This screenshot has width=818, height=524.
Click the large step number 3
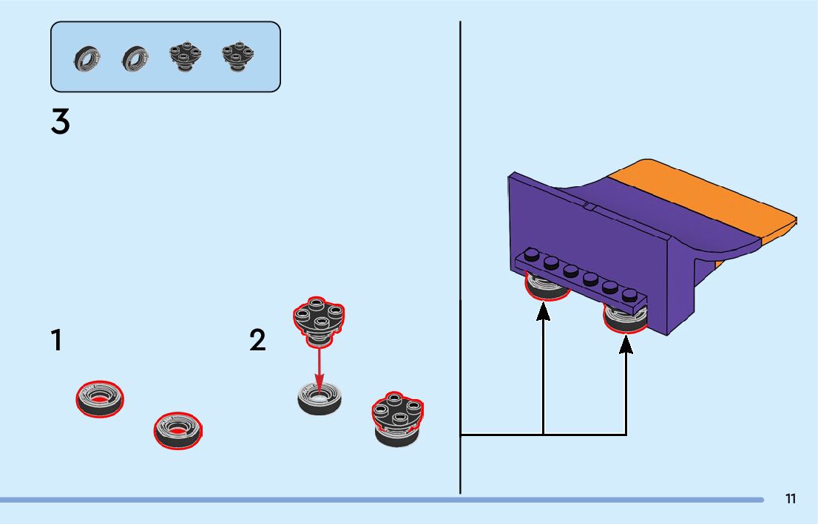pyautogui.click(x=61, y=122)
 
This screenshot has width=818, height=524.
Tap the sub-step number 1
pyautogui.click(x=56, y=341)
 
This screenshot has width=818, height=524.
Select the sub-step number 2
pyautogui.click(x=257, y=341)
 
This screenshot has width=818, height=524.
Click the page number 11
pyautogui.click(x=791, y=499)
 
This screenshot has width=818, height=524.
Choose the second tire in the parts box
pyautogui.click(x=135, y=58)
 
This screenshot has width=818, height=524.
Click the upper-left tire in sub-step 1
pyautogui.click(x=100, y=398)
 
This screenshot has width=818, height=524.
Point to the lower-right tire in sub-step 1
pyautogui.click(x=178, y=430)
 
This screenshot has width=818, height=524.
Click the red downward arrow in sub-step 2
pyautogui.click(x=319, y=366)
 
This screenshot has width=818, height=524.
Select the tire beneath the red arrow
pyautogui.click(x=320, y=400)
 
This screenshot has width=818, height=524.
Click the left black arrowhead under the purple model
pyautogui.click(x=544, y=313)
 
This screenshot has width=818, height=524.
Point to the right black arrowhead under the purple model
pyautogui.click(x=626, y=344)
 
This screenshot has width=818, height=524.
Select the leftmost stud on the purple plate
pyautogui.click(x=531, y=255)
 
